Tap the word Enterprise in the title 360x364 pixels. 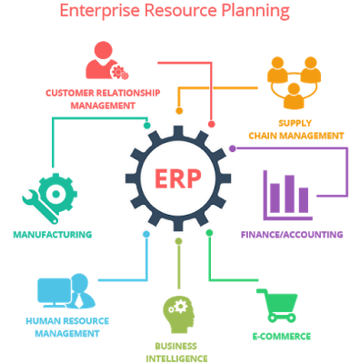point(95,12)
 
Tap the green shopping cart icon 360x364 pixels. point(280,306)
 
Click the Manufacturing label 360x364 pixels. point(52,235)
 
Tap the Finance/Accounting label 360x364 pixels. point(292,235)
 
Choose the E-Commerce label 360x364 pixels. point(281,337)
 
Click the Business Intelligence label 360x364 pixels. point(177,351)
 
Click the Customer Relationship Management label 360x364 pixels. point(103,98)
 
